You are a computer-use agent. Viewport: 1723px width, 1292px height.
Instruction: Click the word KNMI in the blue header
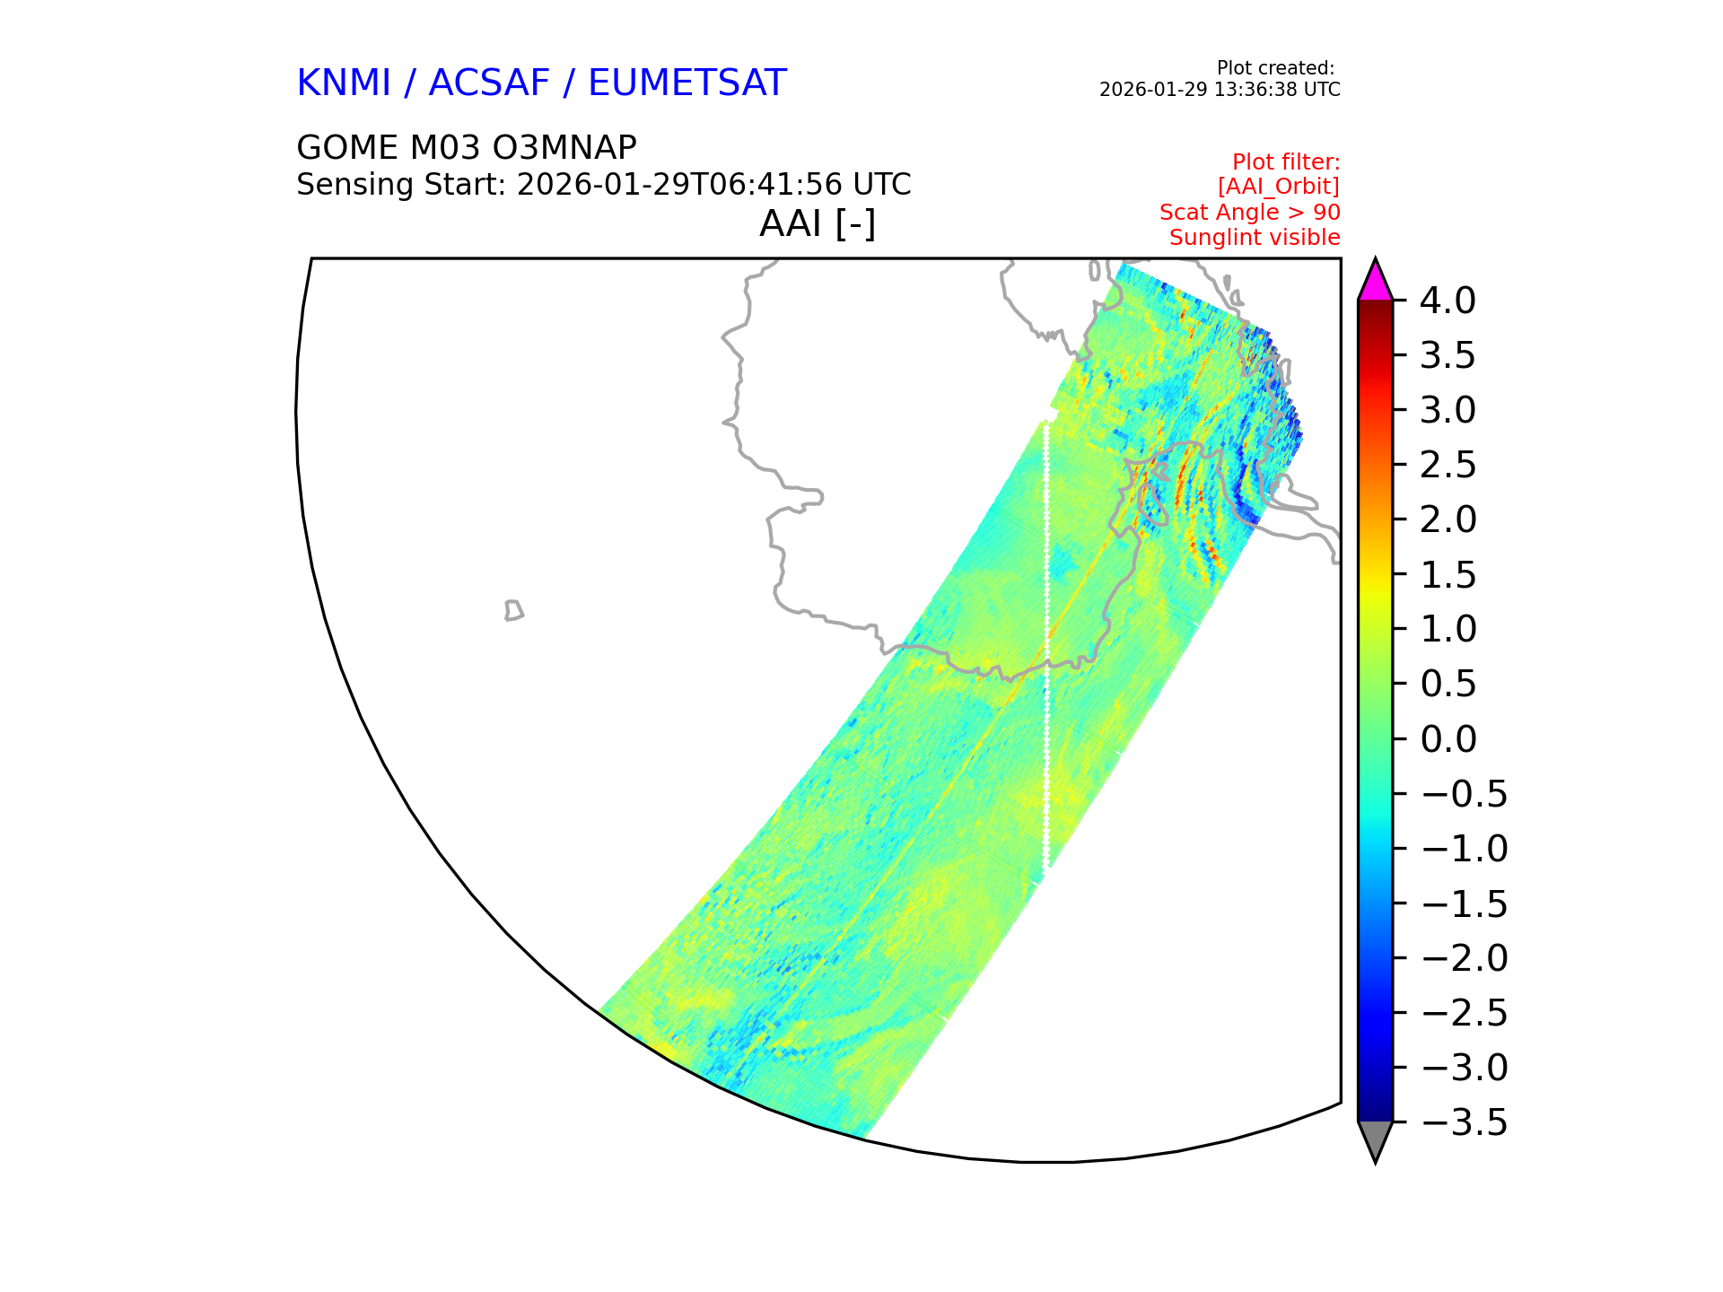pos(344,83)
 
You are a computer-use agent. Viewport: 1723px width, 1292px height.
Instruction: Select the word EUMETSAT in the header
pos(687,83)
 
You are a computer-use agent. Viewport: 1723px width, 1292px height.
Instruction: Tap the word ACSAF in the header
pos(489,83)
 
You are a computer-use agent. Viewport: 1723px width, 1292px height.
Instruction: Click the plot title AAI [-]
pos(818,223)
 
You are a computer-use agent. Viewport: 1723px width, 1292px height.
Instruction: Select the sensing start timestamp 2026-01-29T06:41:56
pos(679,184)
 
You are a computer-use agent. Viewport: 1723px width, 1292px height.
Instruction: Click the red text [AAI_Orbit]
pos(1279,187)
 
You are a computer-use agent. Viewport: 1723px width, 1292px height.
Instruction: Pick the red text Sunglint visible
pos(1255,238)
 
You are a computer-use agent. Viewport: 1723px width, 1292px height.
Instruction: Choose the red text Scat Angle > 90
pos(1250,213)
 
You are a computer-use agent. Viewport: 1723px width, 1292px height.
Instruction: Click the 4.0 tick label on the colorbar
pos(1447,301)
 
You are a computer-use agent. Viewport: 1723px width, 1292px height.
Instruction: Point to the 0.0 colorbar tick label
pos(1448,739)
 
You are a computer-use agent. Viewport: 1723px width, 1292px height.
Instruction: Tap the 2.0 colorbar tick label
pos(1448,520)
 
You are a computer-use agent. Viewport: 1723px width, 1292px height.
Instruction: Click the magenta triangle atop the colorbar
pos(1375,283)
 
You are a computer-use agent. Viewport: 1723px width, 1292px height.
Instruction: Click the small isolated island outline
pos(514,610)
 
